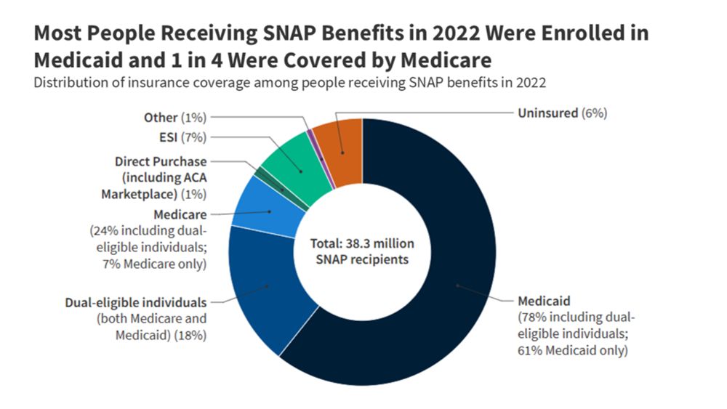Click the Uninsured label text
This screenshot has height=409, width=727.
[547, 113]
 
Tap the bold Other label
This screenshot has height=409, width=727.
[161, 118]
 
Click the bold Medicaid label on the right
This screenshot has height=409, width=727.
[544, 301]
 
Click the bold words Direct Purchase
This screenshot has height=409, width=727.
[161, 162]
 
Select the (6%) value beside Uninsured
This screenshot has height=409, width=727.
[594, 113]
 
